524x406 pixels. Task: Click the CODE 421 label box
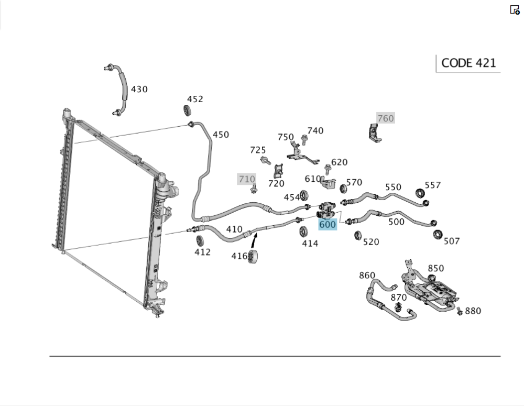[468, 63]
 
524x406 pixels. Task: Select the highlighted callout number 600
[327, 224]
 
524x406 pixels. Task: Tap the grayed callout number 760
[385, 118]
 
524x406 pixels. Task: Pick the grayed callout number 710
[247, 179]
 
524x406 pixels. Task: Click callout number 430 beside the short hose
[139, 89]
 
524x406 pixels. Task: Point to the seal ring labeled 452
[187, 111]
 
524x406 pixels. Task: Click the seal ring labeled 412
[200, 240]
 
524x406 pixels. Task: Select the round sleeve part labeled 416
[254, 257]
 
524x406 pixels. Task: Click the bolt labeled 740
[304, 139]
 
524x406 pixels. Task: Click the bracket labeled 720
[278, 171]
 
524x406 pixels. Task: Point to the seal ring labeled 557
[420, 193]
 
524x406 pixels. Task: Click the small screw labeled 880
[460, 311]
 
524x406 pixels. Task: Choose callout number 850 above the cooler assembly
[435, 268]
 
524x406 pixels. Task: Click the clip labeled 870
[399, 306]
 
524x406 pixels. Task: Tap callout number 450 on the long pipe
[221, 135]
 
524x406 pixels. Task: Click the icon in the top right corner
[515, 9]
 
